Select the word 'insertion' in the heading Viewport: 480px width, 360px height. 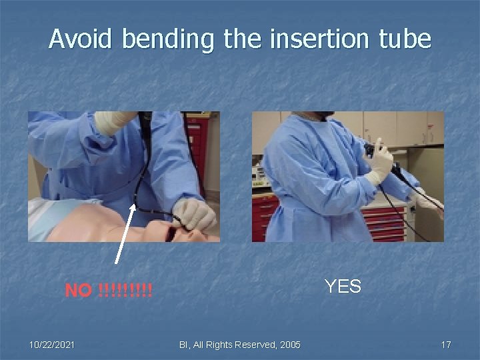pyautogui.click(x=307, y=39)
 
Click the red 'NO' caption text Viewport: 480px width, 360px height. pyautogui.click(x=79, y=291)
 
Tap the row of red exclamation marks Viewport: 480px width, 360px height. pyautogui.click(x=125, y=291)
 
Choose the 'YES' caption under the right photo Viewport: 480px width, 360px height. pyautogui.click(x=343, y=287)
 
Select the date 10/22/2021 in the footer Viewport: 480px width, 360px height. pyautogui.click(x=52, y=345)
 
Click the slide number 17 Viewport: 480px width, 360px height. pyautogui.click(x=445, y=345)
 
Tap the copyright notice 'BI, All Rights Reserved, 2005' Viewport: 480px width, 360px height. pyautogui.click(x=239, y=345)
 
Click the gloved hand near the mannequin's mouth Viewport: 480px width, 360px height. pyautogui.click(x=194, y=215)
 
